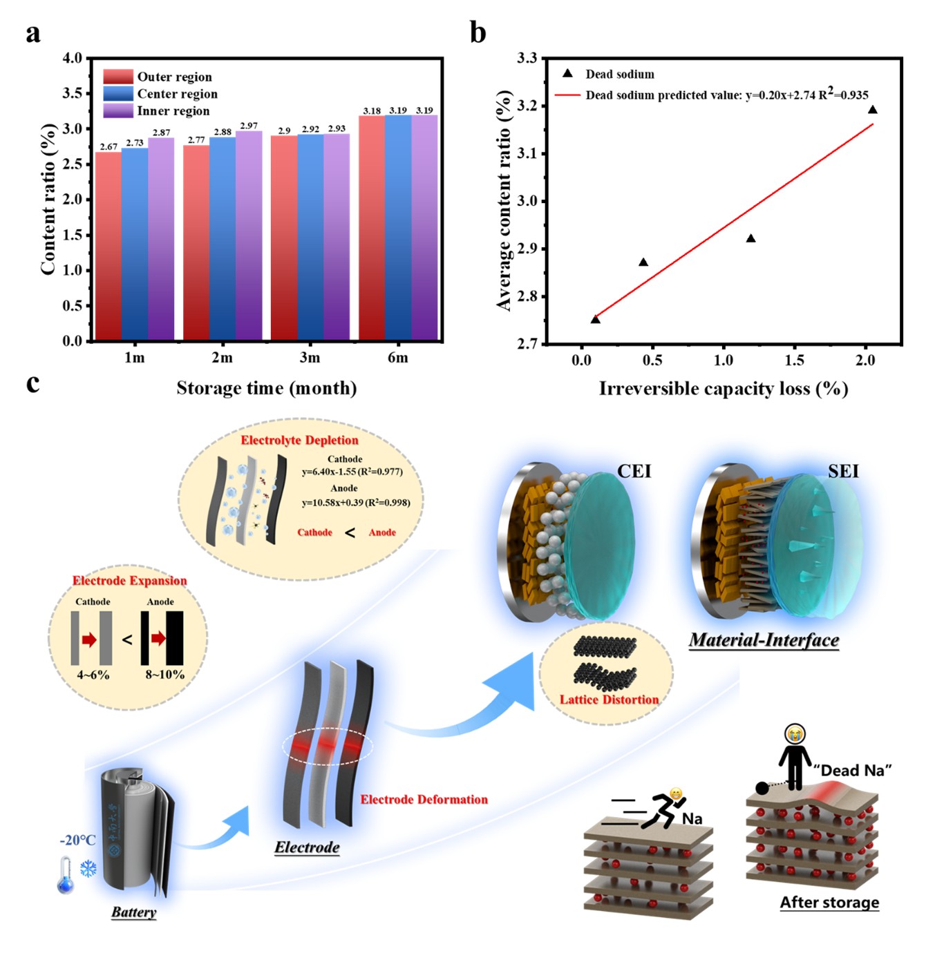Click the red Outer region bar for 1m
pyautogui.click(x=108, y=246)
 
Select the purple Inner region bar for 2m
pyautogui.click(x=248, y=235)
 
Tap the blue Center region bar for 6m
pyautogui.click(x=398, y=228)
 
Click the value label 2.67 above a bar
pyautogui.click(x=108, y=146)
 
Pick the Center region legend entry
pyautogui.click(x=177, y=94)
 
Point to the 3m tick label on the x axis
pyautogui.click(x=310, y=358)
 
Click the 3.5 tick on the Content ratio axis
pyautogui.click(x=73, y=93)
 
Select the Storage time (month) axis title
pyautogui.click(x=266, y=388)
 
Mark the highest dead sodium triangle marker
pyautogui.click(x=873, y=110)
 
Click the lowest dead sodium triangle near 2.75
pyautogui.click(x=595, y=319)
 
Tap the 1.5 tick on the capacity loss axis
pyautogui.click(x=794, y=360)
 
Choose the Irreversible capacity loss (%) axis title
pyautogui.click(x=723, y=389)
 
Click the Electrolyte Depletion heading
pyautogui.click(x=299, y=441)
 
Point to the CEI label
pyautogui.click(x=634, y=472)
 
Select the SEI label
pyautogui.click(x=843, y=472)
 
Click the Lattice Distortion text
pyautogui.click(x=609, y=700)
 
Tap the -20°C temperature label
pyautogui.click(x=77, y=840)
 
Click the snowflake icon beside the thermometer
pyautogui.click(x=88, y=868)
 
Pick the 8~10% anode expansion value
pyautogui.click(x=164, y=675)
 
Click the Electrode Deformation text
pyautogui.click(x=424, y=800)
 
